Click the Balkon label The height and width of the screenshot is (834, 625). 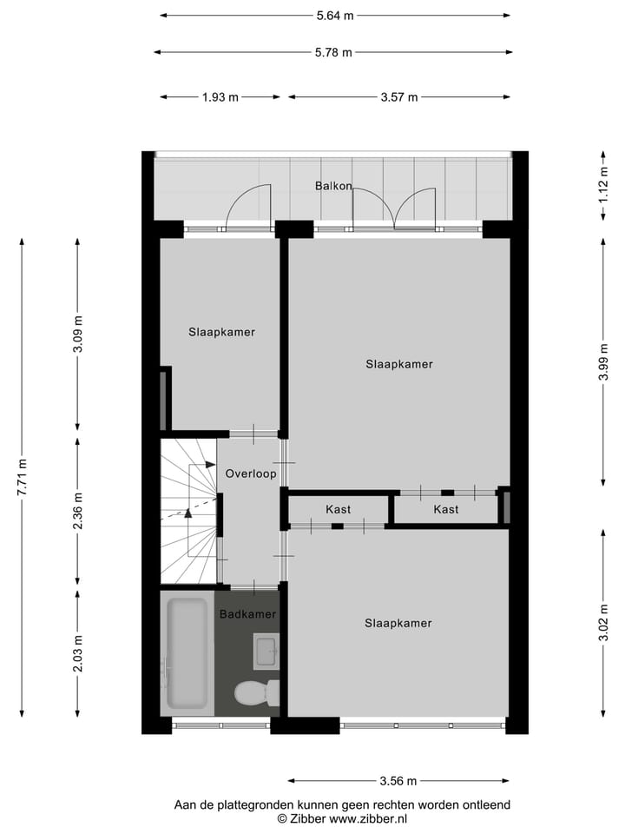click(333, 186)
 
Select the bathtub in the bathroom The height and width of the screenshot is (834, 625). click(187, 652)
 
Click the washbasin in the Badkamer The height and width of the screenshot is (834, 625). click(266, 651)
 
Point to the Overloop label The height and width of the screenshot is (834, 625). click(250, 474)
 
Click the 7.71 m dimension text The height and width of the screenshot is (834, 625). click(22, 477)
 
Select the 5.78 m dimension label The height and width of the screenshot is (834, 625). click(334, 52)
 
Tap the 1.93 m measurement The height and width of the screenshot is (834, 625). click(220, 97)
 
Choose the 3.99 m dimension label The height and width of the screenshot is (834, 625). click(603, 363)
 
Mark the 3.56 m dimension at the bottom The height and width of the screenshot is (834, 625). click(398, 780)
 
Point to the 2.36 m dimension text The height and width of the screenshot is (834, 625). click(78, 513)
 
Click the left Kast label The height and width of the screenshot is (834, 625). click(339, 509)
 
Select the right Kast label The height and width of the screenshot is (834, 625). click(446, 509)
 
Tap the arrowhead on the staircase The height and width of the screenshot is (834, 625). click(187, 513)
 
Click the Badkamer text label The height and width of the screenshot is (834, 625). click(247, 614)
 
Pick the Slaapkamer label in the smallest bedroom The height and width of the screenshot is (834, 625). click(222, 332)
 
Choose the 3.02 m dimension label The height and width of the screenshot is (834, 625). click(603, 623)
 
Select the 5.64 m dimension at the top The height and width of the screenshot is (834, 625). click(335, 16)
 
